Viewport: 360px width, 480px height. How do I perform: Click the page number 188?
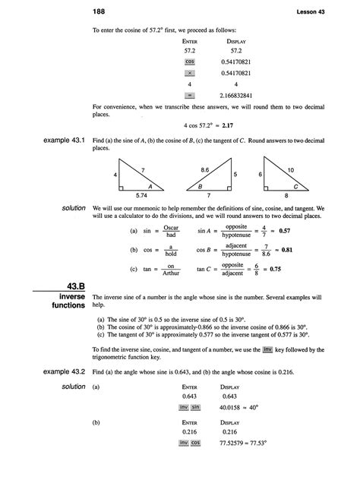pos(99,11)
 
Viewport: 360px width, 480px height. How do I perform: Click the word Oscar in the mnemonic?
pos(171,225)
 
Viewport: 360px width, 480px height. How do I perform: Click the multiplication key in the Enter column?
pos(190,73)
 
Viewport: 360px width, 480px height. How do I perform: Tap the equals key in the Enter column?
pos(190,95)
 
